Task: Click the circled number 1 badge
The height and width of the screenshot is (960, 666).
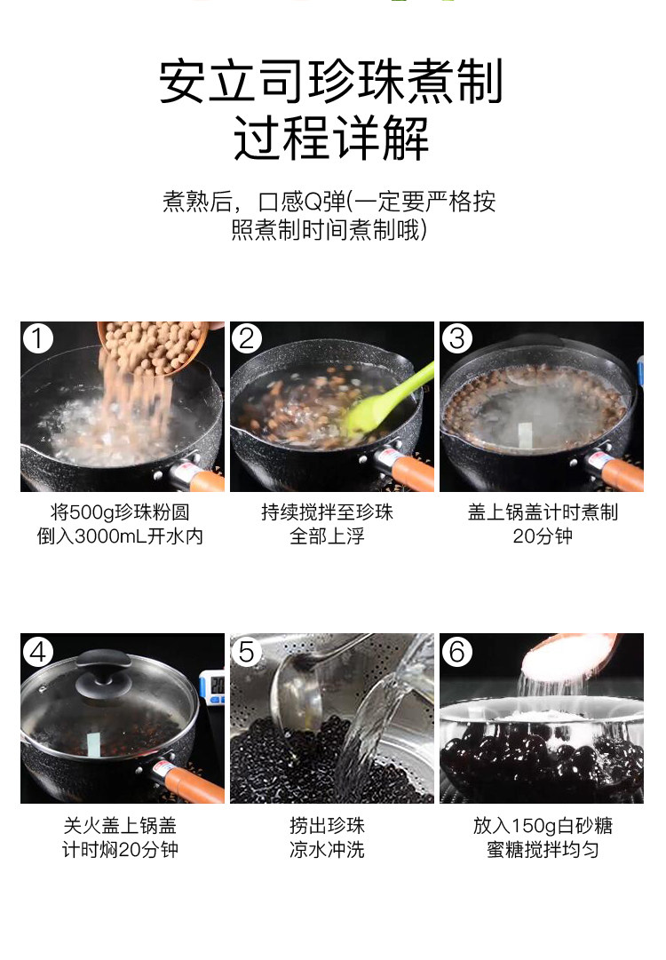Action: (x=37, y=338)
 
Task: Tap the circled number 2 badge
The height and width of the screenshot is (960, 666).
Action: (x=247, y=338)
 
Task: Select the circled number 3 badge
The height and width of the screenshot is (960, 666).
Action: (x=456, y=338)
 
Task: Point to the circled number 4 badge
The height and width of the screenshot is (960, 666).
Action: (x=37, y=652)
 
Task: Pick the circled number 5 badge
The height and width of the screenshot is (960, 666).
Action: (x=247, y=652)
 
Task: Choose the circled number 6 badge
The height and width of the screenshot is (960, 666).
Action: (x=456, y=652)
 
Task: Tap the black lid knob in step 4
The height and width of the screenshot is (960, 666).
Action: (x=103, y=671)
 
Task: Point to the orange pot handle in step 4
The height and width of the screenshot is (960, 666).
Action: (x=195, y=786)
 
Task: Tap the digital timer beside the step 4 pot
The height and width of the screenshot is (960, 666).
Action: (x=213, y=689)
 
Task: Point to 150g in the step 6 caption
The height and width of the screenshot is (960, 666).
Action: (x=532, y=825)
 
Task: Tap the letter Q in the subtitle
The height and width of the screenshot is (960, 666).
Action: (x=313, y=202)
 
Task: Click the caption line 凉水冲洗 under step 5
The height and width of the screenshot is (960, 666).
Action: (x=328, y=850)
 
